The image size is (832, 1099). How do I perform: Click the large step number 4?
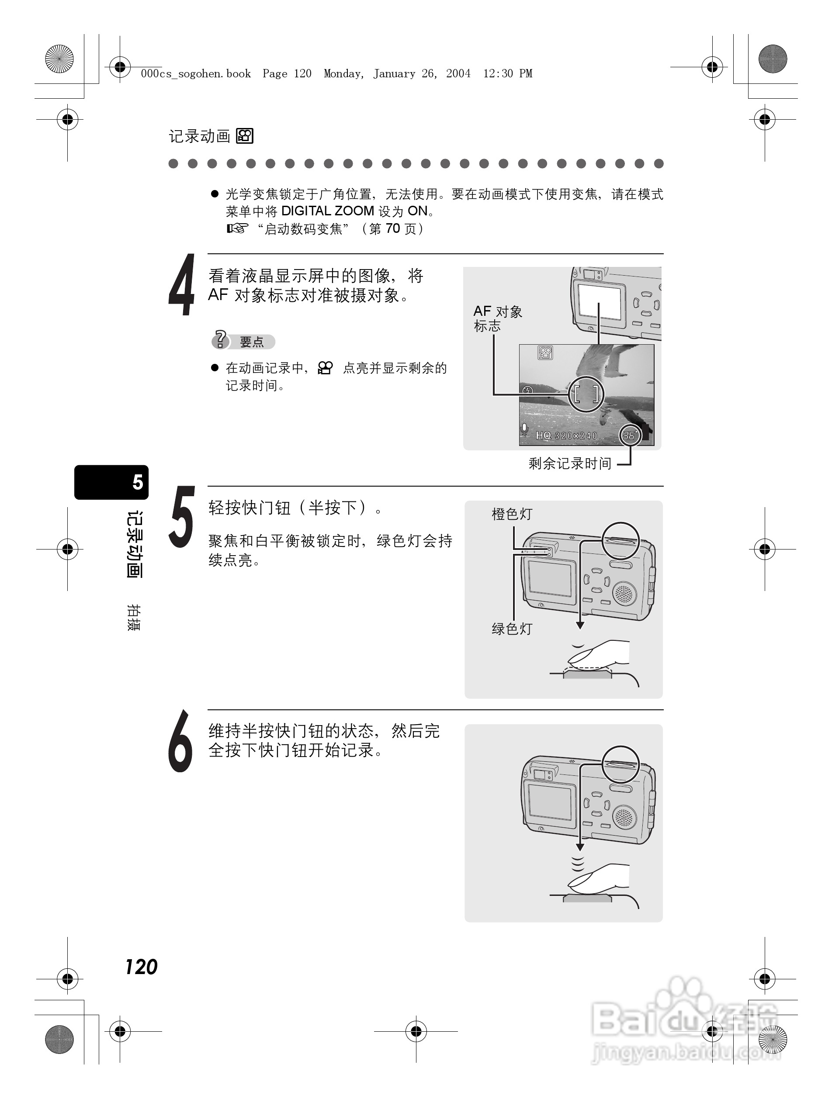[x=181, y=285]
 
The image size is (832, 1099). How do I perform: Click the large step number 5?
[x=181, y=517]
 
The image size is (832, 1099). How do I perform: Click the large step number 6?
[x=180, y=741]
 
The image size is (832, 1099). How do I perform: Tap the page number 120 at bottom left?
[x=141, y=967]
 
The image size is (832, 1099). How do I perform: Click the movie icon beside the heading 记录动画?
[x=245, y=136]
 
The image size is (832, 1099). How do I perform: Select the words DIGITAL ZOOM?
[x=328, y=211]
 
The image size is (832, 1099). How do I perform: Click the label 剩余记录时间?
[x=569, y=463]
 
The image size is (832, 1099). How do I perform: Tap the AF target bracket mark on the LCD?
[x=586, y=394]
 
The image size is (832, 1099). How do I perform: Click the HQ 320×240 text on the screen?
[x=566, y=436]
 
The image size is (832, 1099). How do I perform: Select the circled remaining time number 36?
[x=630, y=435]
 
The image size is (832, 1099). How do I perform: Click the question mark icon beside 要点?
[x=220, y=340]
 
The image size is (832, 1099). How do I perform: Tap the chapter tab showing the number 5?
[x=112, y=482]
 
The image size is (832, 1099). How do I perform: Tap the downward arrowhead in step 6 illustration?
[x=579, y=847]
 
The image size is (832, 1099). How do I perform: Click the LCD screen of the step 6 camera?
[x=550, y=801]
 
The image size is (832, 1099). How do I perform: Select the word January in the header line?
[x=394, y=74]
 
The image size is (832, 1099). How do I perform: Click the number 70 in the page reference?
[x=393, y=228]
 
